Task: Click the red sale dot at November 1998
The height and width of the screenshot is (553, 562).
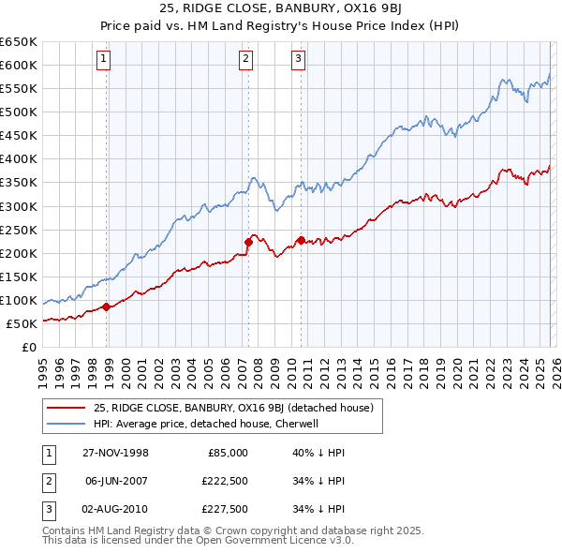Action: [x=107, y=306]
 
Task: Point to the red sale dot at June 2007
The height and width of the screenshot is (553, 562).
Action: [x=248, y=242]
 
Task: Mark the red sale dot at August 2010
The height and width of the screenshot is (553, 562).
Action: [x=301, y=239]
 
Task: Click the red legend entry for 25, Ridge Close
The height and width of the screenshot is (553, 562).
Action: [x=233, y=408]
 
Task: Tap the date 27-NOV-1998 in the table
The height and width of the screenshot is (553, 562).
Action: [x=115, y=453]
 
